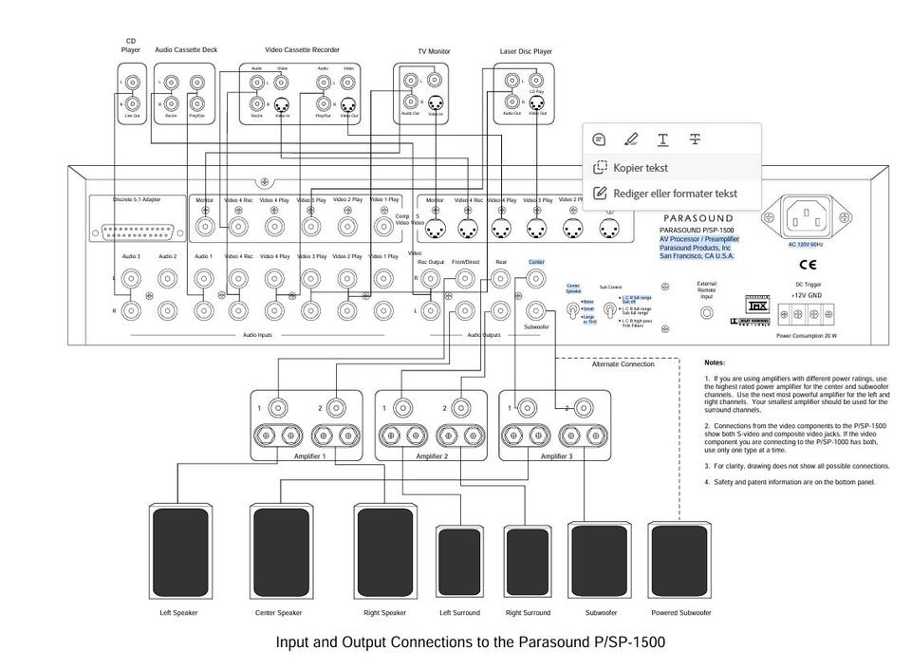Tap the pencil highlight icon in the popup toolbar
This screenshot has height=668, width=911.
click(631, 139)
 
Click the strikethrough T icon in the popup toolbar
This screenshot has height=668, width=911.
click(695, 139)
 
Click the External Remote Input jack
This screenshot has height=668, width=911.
click(706, 312)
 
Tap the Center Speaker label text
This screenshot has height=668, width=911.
click(279, 613)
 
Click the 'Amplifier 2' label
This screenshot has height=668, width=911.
click(432, 456)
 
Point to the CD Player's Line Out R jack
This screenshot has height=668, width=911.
click(134, 103)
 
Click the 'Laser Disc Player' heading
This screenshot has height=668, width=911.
click(526, 51)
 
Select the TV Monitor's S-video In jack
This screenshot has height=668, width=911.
click(436, 103)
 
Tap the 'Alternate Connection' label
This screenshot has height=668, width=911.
click(623, 364)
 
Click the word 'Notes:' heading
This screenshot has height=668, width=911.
click(715, 362)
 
